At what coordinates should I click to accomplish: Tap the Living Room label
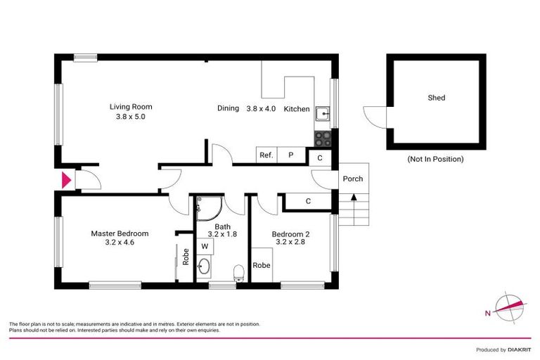click(x=130, y=107)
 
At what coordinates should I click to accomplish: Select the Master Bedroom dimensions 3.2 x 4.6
click(x=120, y=242)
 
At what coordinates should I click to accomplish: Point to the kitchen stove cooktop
click(x=322, y=137)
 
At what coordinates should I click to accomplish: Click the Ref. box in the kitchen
click(x=266, y=156)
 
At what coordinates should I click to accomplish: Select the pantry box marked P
click(x=290, y=156)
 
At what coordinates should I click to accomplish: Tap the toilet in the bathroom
click(x=238, y=271)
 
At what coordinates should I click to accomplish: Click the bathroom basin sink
click(x=204, y=267)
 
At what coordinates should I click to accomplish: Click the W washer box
click(x=205, y=246)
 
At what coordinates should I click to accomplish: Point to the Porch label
click(x=352, y=179)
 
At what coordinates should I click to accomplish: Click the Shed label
click(x=436, y=98)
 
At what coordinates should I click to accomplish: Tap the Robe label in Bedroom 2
click(x=262, y=266)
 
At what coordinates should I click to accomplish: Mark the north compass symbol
click(x=509, y=305)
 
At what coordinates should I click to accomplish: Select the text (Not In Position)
click(x=435, y=159)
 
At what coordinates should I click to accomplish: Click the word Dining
click(x=229, y=108)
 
